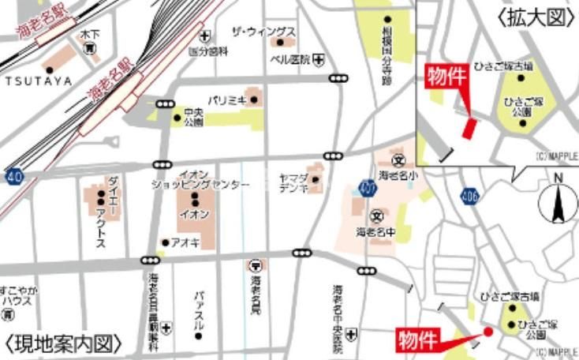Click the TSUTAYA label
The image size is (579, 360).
pos(38,81)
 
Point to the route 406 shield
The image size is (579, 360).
pos(470,195)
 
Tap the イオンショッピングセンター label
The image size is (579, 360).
pos(200,179)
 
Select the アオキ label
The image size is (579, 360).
pos(185,242)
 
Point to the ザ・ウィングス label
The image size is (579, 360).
pos(263,32)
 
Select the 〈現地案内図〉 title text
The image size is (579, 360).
pos(63,344)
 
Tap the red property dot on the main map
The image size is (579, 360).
pos(487,332)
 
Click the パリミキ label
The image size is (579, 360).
pos(228,100)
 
